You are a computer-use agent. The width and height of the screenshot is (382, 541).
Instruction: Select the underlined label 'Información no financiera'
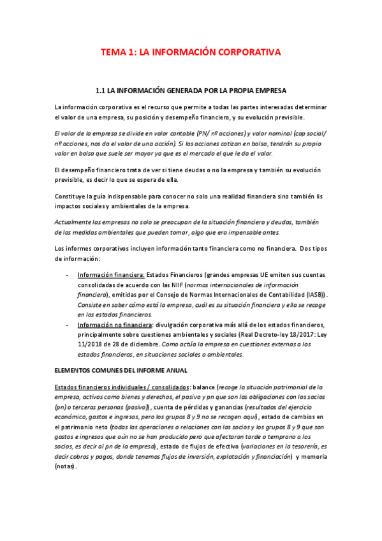tap(117, 325)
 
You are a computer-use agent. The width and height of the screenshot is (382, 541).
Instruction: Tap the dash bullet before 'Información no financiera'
tap(68, 325)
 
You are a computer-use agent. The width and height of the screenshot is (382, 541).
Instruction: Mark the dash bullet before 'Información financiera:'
tap(68, 274)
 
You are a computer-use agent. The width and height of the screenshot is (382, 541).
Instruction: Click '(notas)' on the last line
tap(66, 467)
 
